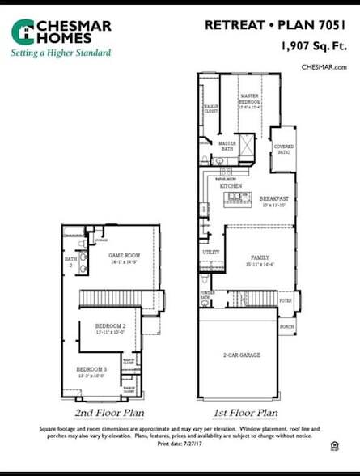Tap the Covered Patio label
pyautogui.click(x=284, y=150)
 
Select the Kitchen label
pyautogui.click(x=231, y=186)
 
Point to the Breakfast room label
pyautogui.click(x=273, y=198)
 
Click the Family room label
pyautogui.click(x=259, y=257)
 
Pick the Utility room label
pyautogui.click(x=210, y=253)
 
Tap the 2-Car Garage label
pyautogui.click(x=242, y=355)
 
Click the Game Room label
pyautogui.click(x=124, y=255)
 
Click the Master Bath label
pyautogui.click(x=227, y=143)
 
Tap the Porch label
pyautogui.click(x=286, y=327)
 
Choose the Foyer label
pyautogui.click(x=285, y=300)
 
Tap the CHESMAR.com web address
pyautogui.click(x=324, y=67)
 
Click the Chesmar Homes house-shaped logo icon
pyautogui.click(x=23, y=32)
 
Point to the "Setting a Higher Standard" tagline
pyautogui.click(x=60, y=53)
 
